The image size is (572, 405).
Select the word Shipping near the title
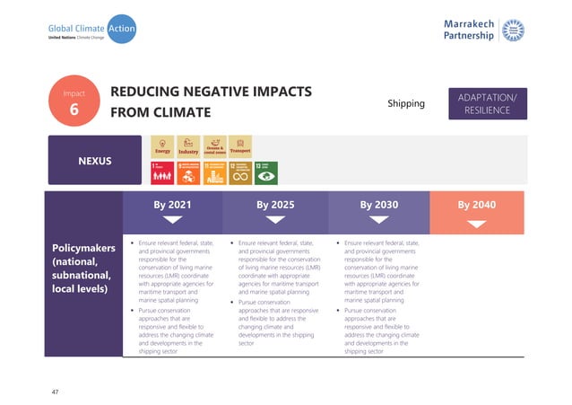(x=405, y=103)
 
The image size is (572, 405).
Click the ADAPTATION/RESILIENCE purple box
(x=487, y=102)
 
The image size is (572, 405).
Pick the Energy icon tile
(x=162, y=146)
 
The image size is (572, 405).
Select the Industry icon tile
(x=188, y=146)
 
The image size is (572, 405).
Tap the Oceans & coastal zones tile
(x=214, y=146)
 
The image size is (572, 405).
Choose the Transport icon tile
(x=240, y=146)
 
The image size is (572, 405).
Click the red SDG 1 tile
(x=162, y=172)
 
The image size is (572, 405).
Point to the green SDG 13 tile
(x=266, y=172)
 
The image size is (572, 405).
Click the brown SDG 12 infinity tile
(x=240, y=172)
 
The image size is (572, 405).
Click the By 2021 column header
(x=172, y=205)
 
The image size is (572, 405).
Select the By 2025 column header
(x=275, y=205)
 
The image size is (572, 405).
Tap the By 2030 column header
(x=378, y=205)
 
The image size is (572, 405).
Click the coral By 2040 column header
(x=476, y=205)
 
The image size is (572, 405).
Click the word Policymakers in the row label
(x=82, y=245)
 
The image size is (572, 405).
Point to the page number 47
(x=56, y=392)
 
